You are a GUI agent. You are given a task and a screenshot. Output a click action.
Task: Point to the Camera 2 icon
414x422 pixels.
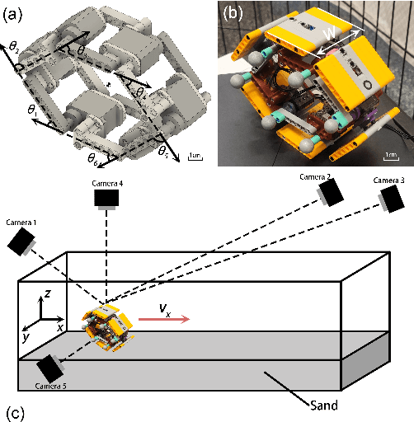[331, 191]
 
